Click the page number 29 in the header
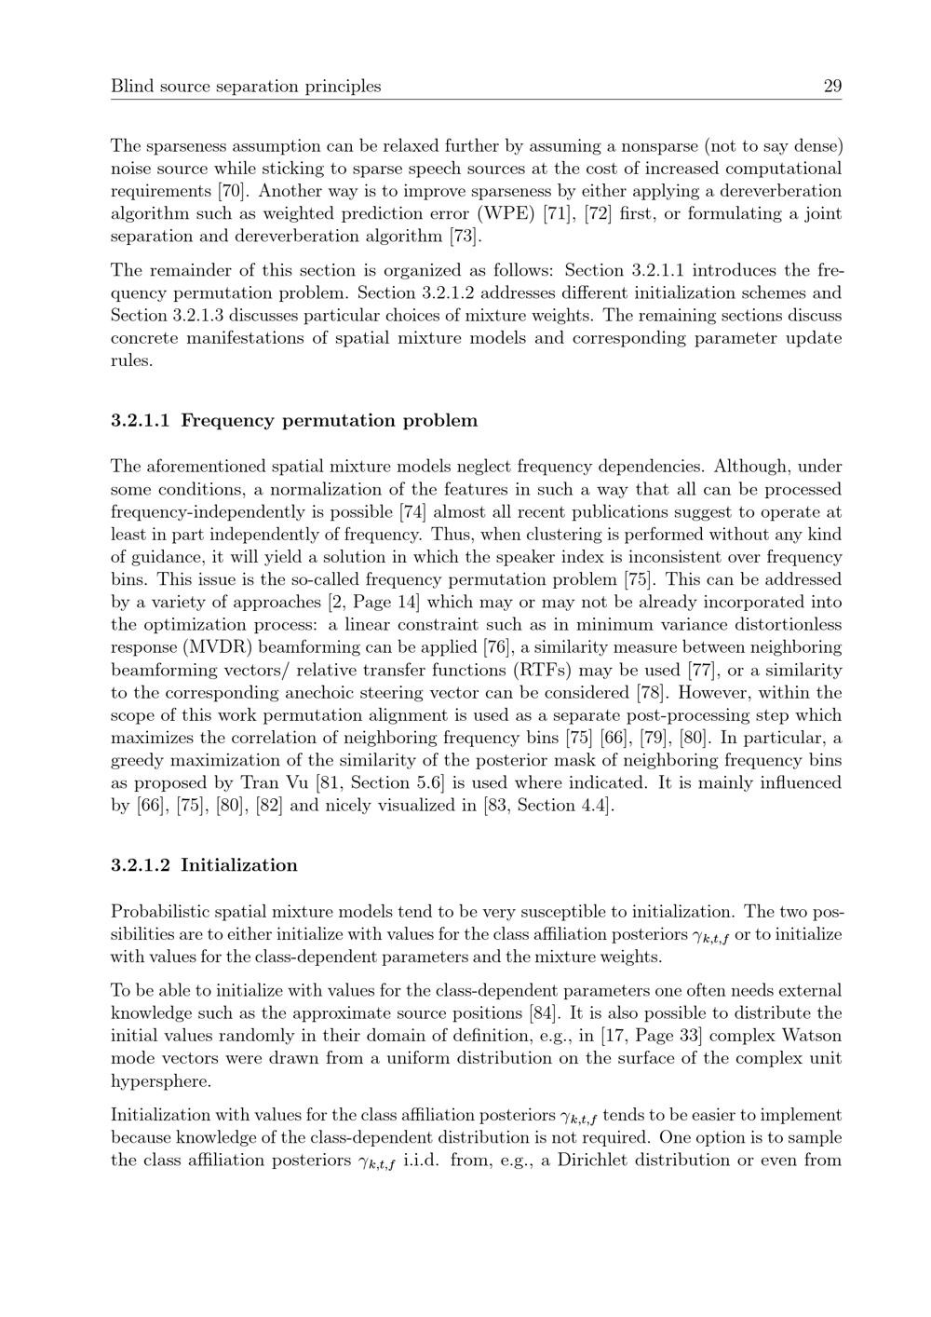coord(831,87)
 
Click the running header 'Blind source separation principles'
coord(246,87)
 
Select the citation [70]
coord(231,191)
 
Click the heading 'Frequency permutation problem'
coord(329,420)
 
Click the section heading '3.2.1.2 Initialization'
coord(204,865)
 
